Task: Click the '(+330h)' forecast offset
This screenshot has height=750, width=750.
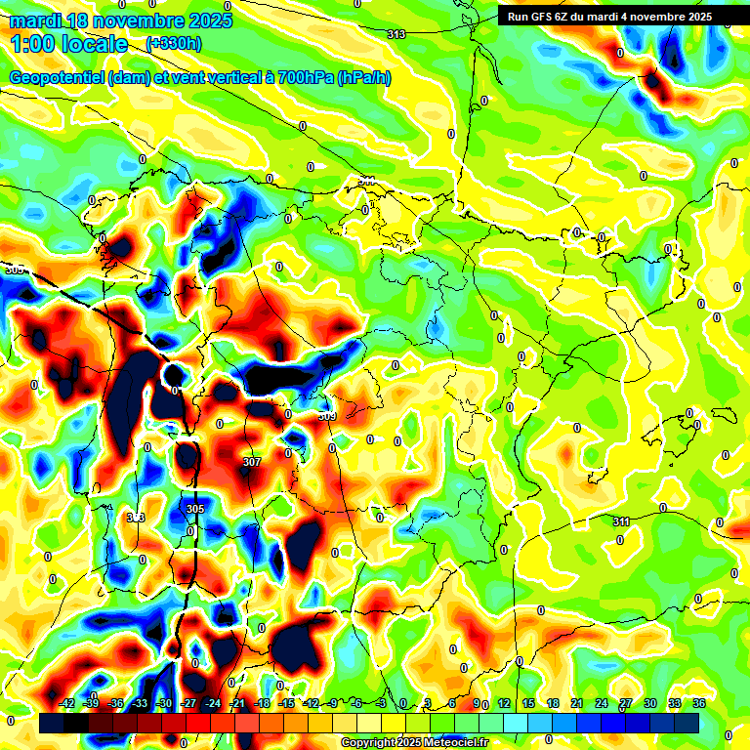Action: (174, 44)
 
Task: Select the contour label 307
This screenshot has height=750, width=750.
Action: (252, 462)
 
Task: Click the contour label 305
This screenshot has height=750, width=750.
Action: (194, 509)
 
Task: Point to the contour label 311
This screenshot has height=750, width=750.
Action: (621, 521)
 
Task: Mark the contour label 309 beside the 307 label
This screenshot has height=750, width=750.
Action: (327, 416)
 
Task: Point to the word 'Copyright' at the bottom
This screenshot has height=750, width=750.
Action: (368, 743)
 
